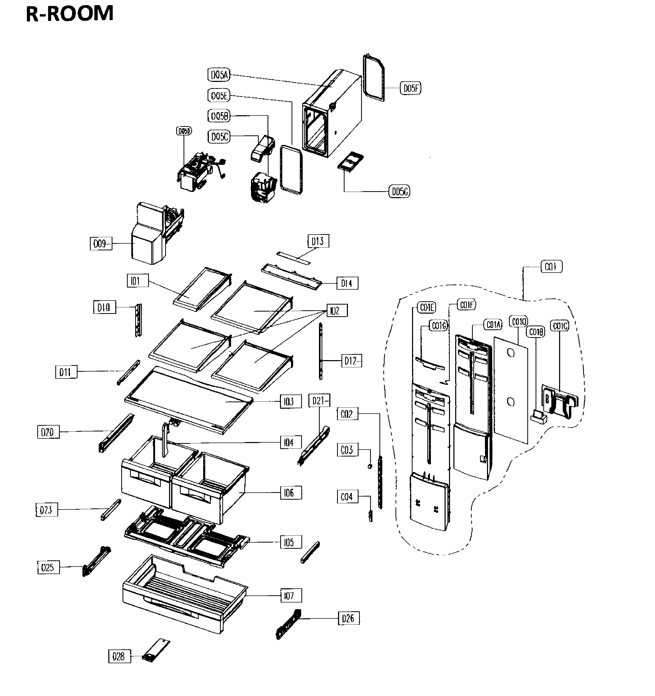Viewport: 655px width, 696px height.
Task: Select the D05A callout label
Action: (x=219, y=75)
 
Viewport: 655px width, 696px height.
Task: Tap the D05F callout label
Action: (x=410, y=88)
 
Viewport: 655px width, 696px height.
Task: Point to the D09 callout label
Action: (x=101, y=244)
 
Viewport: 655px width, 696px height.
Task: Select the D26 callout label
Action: (x=348, y=619)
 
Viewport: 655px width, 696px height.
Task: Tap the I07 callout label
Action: (x=291, y=596)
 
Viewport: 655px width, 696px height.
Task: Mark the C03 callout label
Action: (x=347, y=450)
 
